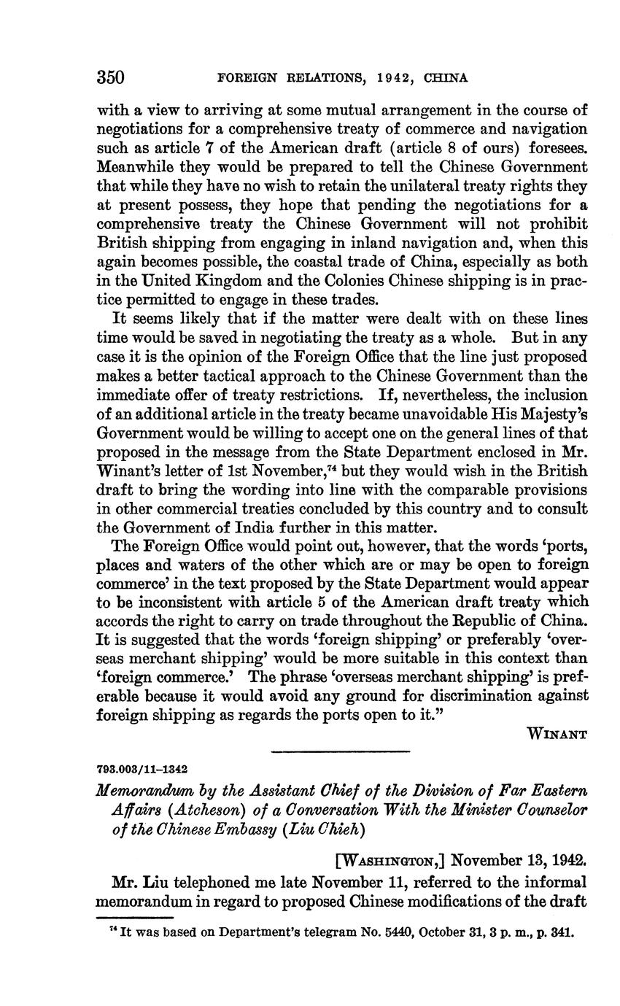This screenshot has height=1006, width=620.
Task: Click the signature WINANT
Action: click(x=557, y=735)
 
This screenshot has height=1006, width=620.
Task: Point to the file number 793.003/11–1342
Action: click(x=142, y=769)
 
